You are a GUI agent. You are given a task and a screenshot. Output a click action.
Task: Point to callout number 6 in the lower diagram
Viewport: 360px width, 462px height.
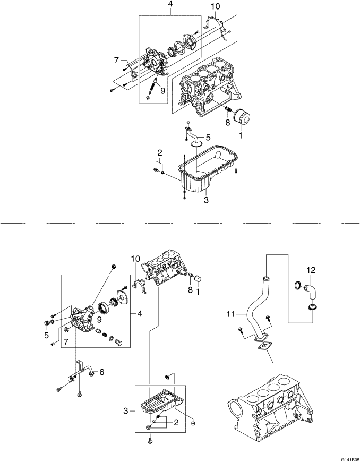pyautogui.click(x=101, y=372)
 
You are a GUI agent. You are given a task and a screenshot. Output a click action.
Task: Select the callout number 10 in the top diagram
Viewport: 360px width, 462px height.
pyautogui.click(x=215, y=6)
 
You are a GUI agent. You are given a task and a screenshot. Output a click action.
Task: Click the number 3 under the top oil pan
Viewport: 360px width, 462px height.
pyautogui.click(x=205, y=200)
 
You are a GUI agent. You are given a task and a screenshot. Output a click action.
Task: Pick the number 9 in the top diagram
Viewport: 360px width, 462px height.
pyautogui.click(x=162, y=90)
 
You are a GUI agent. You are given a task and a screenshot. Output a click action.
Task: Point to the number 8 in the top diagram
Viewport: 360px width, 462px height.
pyautogui.click(x=227, y=122)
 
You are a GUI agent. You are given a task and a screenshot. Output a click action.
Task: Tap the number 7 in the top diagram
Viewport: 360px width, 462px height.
pyautogui.click(x=117, y=61)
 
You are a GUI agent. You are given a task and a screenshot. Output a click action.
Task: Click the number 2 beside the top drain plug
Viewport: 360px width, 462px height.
pyautogui.click(x=159, y=153)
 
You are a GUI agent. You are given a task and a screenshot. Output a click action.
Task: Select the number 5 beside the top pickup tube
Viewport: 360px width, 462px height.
pyautogui.click(x=208, y=137)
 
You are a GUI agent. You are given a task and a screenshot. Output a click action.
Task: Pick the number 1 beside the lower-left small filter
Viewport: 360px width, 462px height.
pyautogui.click(x=198, y=290)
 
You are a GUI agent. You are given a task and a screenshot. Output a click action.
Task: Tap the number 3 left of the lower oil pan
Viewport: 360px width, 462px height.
pyautogui.click(x=126, y=410)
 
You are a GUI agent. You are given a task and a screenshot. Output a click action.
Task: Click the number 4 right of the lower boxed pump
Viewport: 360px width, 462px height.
pyautogui.click(x=140, y=314)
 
